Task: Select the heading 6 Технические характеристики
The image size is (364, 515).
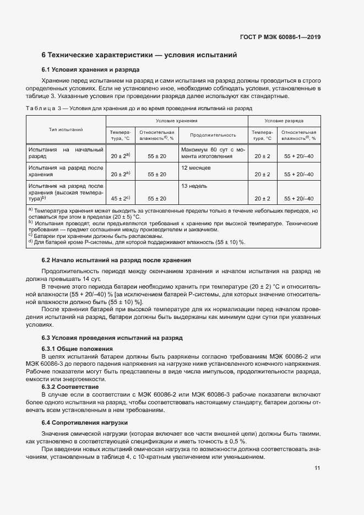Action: point(139,55)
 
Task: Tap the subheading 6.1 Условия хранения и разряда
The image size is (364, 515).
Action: point(90,70)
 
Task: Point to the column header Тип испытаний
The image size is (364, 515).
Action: point(66,129)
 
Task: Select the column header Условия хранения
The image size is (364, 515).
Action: point(176,120)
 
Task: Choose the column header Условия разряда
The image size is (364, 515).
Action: point(284,120)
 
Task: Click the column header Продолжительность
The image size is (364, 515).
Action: point(213,135)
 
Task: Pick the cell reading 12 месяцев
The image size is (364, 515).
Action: point(194,167)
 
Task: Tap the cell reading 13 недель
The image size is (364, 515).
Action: point(194,186)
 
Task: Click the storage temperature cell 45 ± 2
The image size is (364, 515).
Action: point(119,198)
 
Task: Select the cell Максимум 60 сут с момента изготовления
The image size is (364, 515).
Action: point(213,153)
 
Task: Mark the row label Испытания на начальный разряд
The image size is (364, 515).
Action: point(66,153)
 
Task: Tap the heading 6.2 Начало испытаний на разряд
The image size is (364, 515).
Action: point(116,260)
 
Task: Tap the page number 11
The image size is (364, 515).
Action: point(317,468)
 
